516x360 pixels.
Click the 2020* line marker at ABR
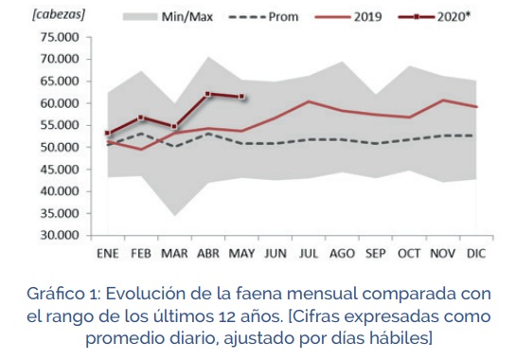[207, 94]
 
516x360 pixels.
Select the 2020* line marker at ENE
[108, 134]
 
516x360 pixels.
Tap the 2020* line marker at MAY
[241, 97]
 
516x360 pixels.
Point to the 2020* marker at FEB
[141, 117]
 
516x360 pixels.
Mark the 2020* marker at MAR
[174, 126]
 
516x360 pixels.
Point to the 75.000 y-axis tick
[59, 37]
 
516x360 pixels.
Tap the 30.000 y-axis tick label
[59, 235]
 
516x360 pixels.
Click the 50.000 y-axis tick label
[59, 147]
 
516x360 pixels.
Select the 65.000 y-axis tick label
[59, 81]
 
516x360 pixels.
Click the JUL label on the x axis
[309, 254]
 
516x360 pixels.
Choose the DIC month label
[475, 254]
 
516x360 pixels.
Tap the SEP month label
[376, 254]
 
